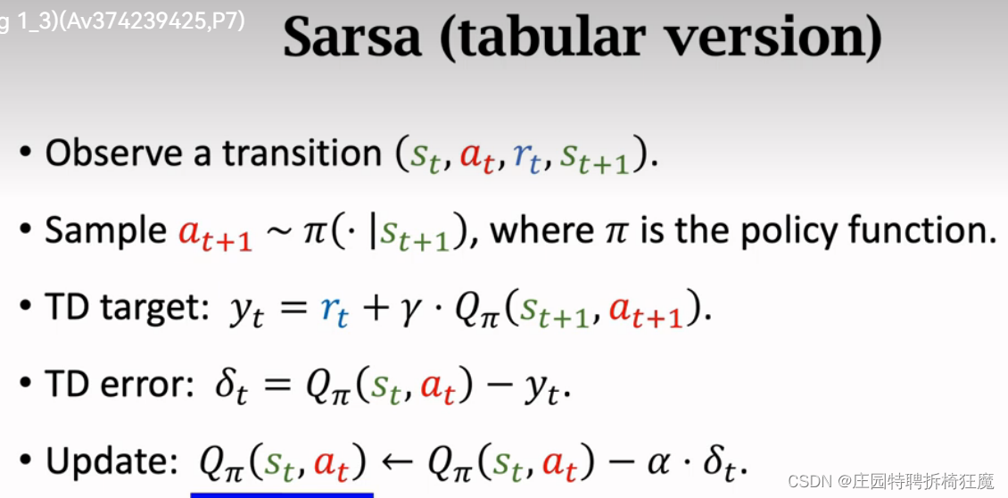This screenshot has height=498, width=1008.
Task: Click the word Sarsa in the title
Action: coord(352,38)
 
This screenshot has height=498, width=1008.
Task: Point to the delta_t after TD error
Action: coord(229,389)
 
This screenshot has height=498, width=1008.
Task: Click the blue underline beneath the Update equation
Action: coord(282,494)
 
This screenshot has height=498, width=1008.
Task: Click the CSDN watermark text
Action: coord(891,481)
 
